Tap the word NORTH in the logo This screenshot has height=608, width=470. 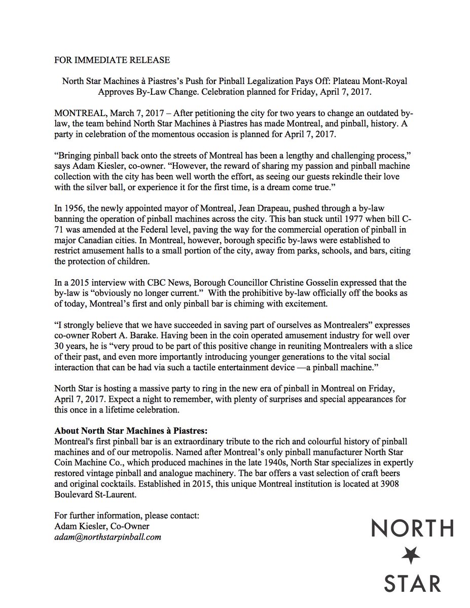point(411,528)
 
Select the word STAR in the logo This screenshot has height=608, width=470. point(411,583)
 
